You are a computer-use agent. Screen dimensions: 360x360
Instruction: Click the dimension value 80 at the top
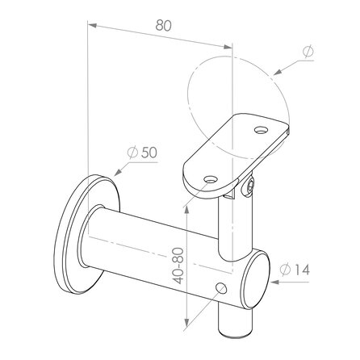point(164,25)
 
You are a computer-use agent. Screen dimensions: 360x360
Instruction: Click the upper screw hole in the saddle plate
point(260,128)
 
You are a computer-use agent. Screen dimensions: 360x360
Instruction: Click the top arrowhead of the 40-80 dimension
point(189,204)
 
